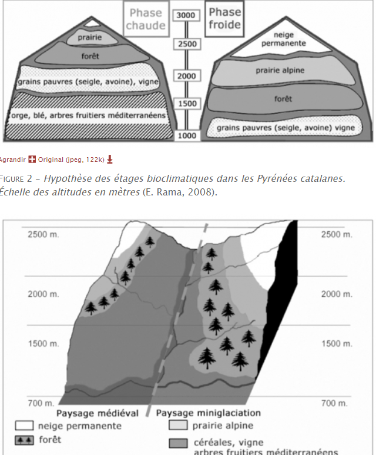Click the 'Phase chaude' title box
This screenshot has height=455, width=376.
145,19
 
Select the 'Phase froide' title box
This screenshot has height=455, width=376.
224,18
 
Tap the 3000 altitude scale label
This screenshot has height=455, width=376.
186,15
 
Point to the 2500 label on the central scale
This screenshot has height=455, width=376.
186,44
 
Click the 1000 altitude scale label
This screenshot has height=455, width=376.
186,135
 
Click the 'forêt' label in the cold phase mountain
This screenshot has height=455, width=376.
283,99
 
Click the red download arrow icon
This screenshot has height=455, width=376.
110,159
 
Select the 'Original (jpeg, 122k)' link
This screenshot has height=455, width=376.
71,159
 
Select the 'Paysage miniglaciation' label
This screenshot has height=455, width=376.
208,413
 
